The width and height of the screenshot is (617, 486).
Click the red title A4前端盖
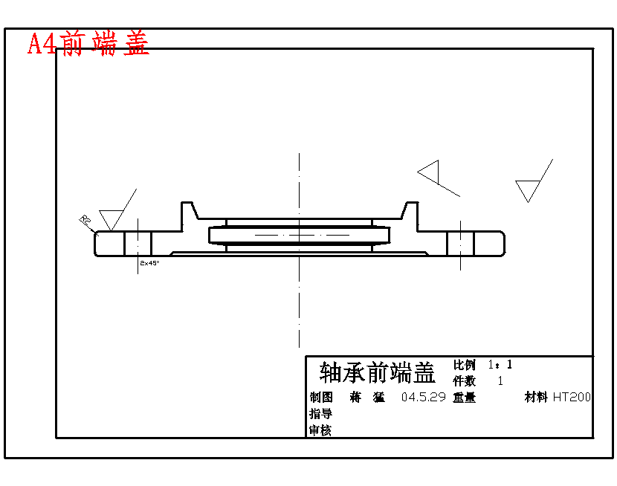coord(88,44)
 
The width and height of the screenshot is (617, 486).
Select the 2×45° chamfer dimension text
coord(149,262)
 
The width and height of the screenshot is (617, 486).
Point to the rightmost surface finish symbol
coord(529,189)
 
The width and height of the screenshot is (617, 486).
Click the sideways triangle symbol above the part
coord(430,173)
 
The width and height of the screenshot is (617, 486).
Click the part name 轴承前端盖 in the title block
coord(377,372)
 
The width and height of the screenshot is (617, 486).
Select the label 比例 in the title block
coord(465,365)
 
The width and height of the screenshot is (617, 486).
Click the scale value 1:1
coord(500,365)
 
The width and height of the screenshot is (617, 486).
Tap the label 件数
coord(465,380)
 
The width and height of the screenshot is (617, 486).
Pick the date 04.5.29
coord(423,398)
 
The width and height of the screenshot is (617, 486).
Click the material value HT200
coord(572,398)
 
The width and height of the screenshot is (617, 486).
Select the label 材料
coord(537,398)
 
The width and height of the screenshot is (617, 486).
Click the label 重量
coord(465,398)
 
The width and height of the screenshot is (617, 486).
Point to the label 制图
coord(321,398)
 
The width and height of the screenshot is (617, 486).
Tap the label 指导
coord(321,414)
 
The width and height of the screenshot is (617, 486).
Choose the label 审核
coord(321,430)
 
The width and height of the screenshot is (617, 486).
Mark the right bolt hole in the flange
coord(460,243)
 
